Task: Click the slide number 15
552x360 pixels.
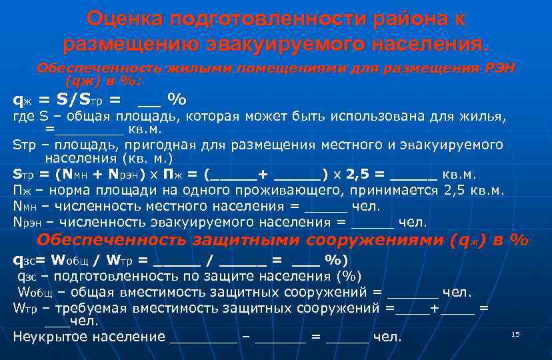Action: click(x=515, y=333)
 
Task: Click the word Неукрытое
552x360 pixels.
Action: click(x=50, y=336)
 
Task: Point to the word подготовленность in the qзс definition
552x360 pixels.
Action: click(x=104, y=276)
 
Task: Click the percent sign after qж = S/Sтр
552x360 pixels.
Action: click(x=177, y=100)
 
